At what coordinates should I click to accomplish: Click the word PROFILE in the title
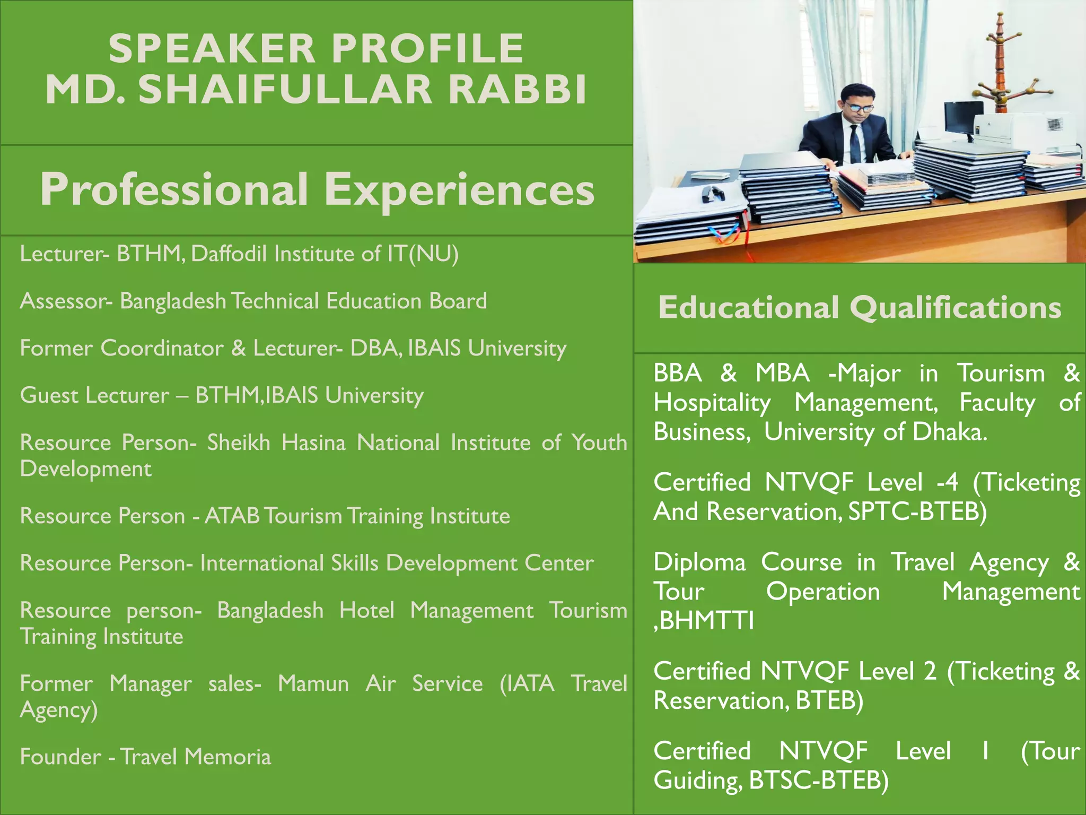(x=427, y=48)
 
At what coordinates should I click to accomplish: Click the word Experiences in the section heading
(x=459, y=189)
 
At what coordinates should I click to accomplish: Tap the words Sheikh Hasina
(x=276, y=443)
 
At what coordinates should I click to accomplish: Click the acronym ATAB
(x=232, y=516)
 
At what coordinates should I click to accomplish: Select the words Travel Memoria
(x=196, y=757)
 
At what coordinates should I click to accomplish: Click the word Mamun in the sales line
(x=313, y=683)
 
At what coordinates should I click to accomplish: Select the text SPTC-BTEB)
(x=917, y=511)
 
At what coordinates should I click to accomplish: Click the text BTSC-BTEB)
(x=819, y=780)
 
